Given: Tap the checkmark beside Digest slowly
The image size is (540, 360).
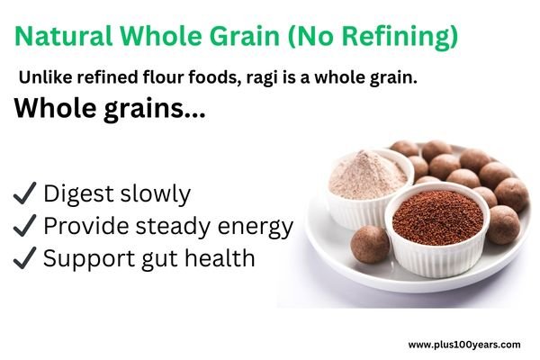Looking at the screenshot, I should [24, 193].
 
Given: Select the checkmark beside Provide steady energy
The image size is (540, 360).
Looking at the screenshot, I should [24, 226].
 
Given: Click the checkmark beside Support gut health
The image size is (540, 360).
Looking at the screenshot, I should [24, 258].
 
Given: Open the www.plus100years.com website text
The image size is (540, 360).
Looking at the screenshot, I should [463, 344].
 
